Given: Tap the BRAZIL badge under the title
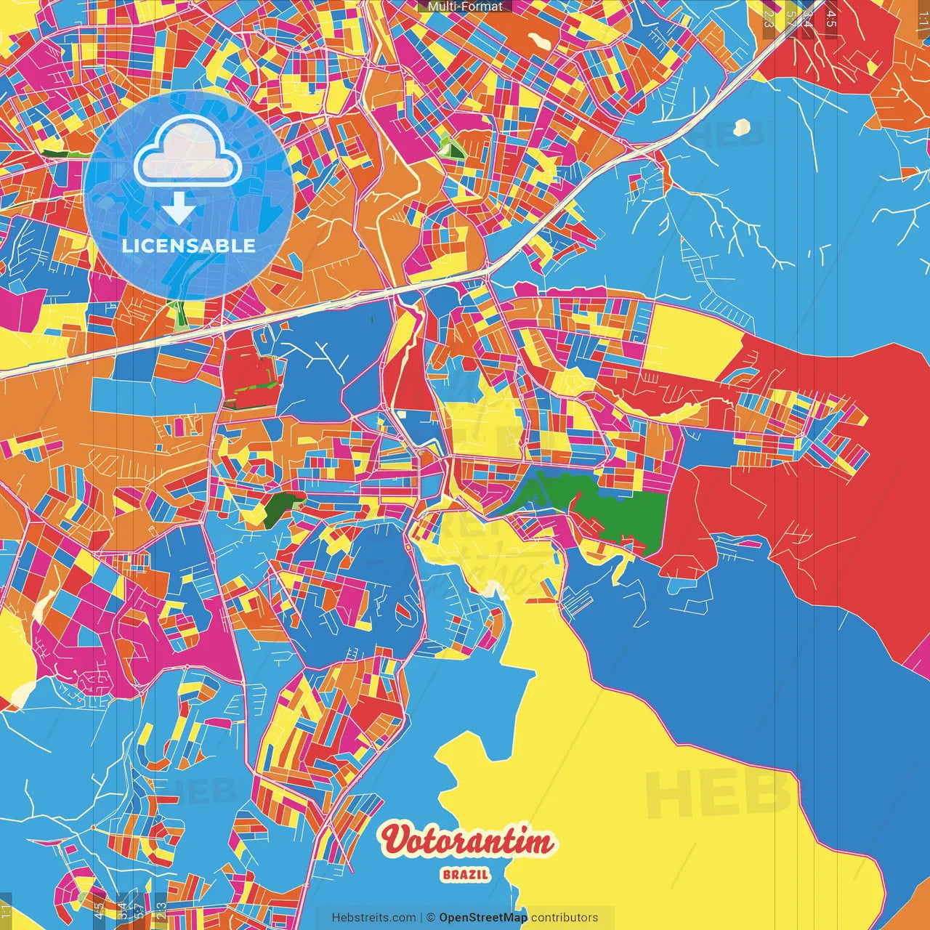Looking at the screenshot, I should (465, 875).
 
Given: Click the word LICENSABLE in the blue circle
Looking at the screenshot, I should (189, 246).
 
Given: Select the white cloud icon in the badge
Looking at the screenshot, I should (188, 153).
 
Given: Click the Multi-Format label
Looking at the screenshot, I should (465, 7).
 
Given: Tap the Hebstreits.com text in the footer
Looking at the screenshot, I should (373, 918).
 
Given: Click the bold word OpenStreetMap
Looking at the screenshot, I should (483, 918).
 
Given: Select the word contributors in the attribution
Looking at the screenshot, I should (565, 918).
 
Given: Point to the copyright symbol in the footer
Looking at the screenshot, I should (431, 918).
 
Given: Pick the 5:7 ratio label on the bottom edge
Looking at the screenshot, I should (139, 910).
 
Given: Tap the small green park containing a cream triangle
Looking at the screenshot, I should (453, 149).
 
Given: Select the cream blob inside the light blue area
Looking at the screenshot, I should (741, 128).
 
